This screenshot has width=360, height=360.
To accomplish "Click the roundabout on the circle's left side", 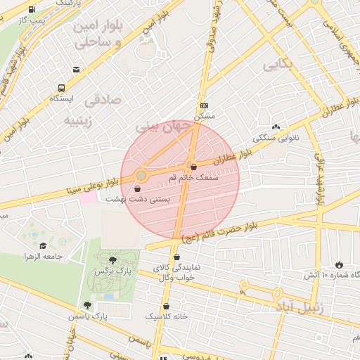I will point(141,174).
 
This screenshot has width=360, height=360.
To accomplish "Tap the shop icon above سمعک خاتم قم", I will point(193,167).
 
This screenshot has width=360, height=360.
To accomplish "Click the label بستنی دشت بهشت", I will point(138,200).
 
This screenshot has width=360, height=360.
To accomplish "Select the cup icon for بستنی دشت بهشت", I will point(136,188).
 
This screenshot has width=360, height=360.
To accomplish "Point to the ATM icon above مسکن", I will point(204,105).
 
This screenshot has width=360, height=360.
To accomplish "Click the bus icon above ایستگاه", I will point(61,89).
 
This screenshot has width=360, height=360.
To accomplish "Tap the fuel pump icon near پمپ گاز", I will point(32,8).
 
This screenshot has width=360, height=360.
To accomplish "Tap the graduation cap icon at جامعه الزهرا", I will point(44,245).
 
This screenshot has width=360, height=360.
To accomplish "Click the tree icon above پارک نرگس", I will point(112,259).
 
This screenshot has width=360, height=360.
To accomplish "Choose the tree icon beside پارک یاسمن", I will point(87,305).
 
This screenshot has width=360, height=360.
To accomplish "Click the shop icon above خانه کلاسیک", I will point(167,306).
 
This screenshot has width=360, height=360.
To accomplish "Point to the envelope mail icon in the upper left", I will point(76,70).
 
